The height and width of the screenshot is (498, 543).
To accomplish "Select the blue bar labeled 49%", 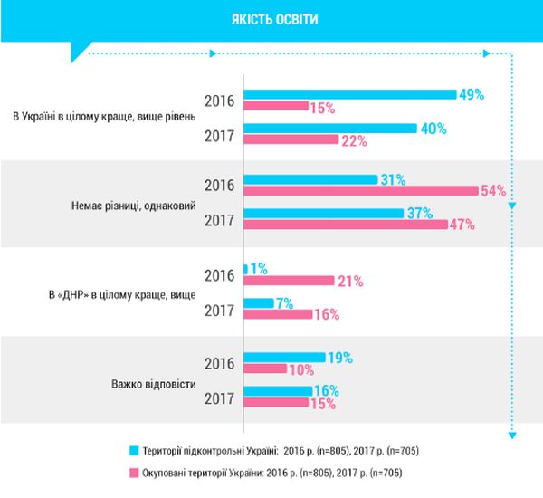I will pos(349,93).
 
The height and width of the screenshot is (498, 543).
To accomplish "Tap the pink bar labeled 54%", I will pos(361,190).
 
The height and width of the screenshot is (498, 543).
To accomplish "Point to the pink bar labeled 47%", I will pos(345,225).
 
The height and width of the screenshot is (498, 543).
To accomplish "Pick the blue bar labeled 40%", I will pos(330,129).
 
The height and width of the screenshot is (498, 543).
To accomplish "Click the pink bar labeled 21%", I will pos(289,281).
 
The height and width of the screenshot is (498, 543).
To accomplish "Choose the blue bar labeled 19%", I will pos(284,358).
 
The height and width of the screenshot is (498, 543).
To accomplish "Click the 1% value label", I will pos(259,269).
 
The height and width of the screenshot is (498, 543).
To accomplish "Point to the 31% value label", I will pos(391,179).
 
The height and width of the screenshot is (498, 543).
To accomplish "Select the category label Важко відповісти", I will pos(141,383).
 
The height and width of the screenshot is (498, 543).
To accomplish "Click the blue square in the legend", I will pos(133,450).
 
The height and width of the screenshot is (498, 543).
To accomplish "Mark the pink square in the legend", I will pos(133,472).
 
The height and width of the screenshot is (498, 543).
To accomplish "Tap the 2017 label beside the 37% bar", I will pos(220,220).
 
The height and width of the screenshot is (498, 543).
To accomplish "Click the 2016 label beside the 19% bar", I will pos(220,364).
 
